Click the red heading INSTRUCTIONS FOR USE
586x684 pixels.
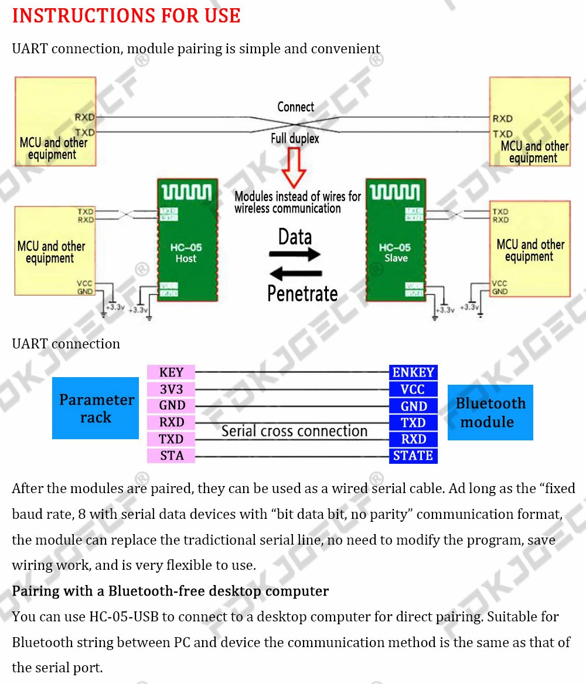[x=126, y=16]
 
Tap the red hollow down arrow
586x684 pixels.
[x=294, y=167]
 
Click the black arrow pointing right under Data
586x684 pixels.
[x=295, y=254]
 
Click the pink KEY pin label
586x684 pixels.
[x=171, y=372]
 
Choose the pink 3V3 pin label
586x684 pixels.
[x=171, y=389]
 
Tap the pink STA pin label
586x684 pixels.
[x=171, y=456]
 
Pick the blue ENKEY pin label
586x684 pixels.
[x=413, y=372]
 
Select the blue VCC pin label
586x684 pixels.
[x=413, y=389]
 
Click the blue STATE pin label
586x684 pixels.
[x=413, y=456]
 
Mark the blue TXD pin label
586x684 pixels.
[x=413, y=423]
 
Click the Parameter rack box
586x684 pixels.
[x=96, y=408]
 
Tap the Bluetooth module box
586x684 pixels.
[x=490, y=412]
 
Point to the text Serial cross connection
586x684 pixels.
[x=294, y=431]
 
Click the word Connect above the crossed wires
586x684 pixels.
[x=295, y=107]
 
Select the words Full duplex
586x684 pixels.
[x=295, y=139]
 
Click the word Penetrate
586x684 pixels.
[x=302, y=293]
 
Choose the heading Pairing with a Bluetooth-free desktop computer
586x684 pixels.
[x=171, y=591]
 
